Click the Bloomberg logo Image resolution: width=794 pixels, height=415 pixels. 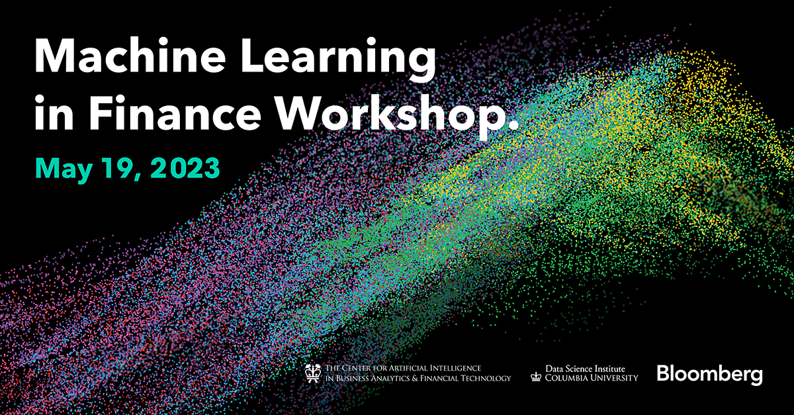coord(709,374)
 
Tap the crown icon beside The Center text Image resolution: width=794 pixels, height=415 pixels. coord(312,373)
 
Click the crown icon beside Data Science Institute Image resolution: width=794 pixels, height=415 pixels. coord(536,377)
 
